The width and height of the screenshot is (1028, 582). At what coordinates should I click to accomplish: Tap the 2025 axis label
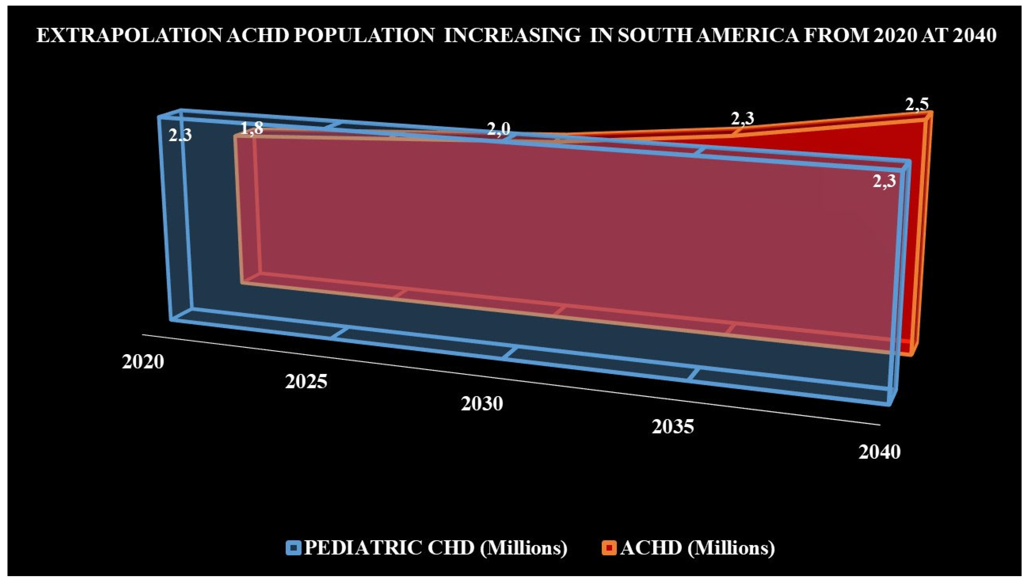click(x=306, y=382)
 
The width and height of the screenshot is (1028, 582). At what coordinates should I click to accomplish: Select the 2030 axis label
click(x=482, y=404)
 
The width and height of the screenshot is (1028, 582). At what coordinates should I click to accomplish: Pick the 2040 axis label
click(x=879, y=452)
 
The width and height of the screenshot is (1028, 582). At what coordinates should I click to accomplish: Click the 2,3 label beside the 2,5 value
click(x=743, y=119)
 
